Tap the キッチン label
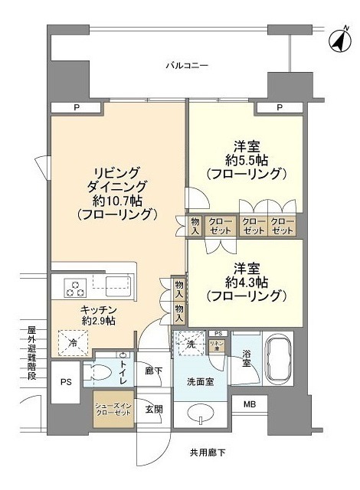[x=80, y=310]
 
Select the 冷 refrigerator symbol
[x=73, y=341]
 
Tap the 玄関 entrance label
[x=154, y=408]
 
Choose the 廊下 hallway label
[x=154, y=371]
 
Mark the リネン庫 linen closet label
[x=218, y=345]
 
